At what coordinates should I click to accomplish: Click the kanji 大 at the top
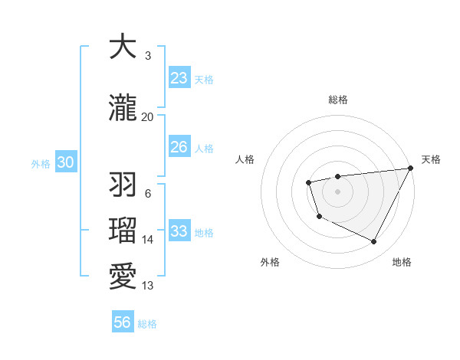tap(123, 47)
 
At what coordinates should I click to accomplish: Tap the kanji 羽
tap(123, 185)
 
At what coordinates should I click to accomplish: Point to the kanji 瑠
tap(123, 230)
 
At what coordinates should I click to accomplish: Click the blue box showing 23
tap(179, 78)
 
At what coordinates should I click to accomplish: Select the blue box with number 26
tap(179, 147)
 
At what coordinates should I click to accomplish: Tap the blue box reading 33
tap(179, 231)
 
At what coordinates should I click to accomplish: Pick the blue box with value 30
tap(65, 162)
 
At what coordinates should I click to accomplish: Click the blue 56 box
tap(123, 322)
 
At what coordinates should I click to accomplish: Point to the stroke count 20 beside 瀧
tap(147, 117)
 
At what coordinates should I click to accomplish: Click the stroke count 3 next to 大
tap(147, 56)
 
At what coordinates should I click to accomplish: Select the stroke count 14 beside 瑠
tap(148, 240)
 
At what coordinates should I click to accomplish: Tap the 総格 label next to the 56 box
tap(147, 324)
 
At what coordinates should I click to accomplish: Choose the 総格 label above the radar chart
tap(338, 100)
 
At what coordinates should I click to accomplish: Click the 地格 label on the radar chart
tap(402, 262)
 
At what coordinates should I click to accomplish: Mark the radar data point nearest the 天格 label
tap(411, 168)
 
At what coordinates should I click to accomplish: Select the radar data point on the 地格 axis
tap(374, 242)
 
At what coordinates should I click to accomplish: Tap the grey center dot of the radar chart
tap(338, 191)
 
